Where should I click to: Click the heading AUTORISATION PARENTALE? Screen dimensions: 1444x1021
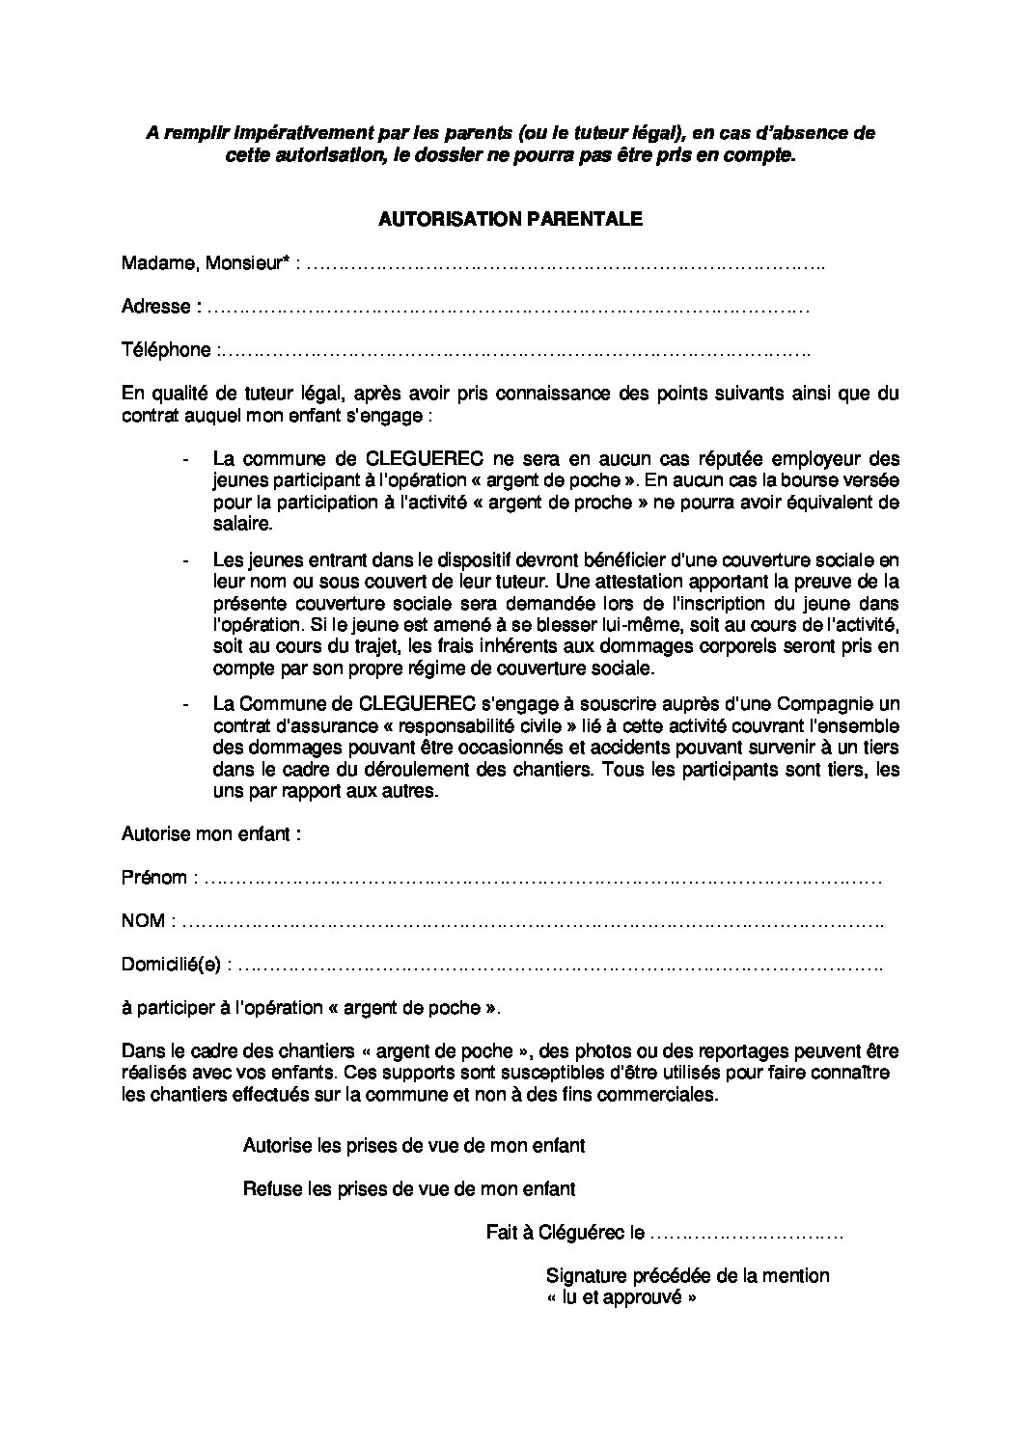pos(510,220)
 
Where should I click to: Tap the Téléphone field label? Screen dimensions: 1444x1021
pos(166,350)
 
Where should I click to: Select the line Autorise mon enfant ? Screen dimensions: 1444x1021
pos(211,834)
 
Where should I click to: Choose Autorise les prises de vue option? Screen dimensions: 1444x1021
pos(413,1146)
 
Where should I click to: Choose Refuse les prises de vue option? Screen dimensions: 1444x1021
pos(409,1189)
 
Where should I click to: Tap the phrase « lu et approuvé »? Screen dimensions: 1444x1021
pos(621,1297)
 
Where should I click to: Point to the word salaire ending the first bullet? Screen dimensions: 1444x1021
pos(243,524)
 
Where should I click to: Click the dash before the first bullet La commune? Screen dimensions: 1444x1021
pos(185,459)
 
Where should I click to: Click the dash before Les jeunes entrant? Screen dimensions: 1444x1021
pos(185,559)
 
